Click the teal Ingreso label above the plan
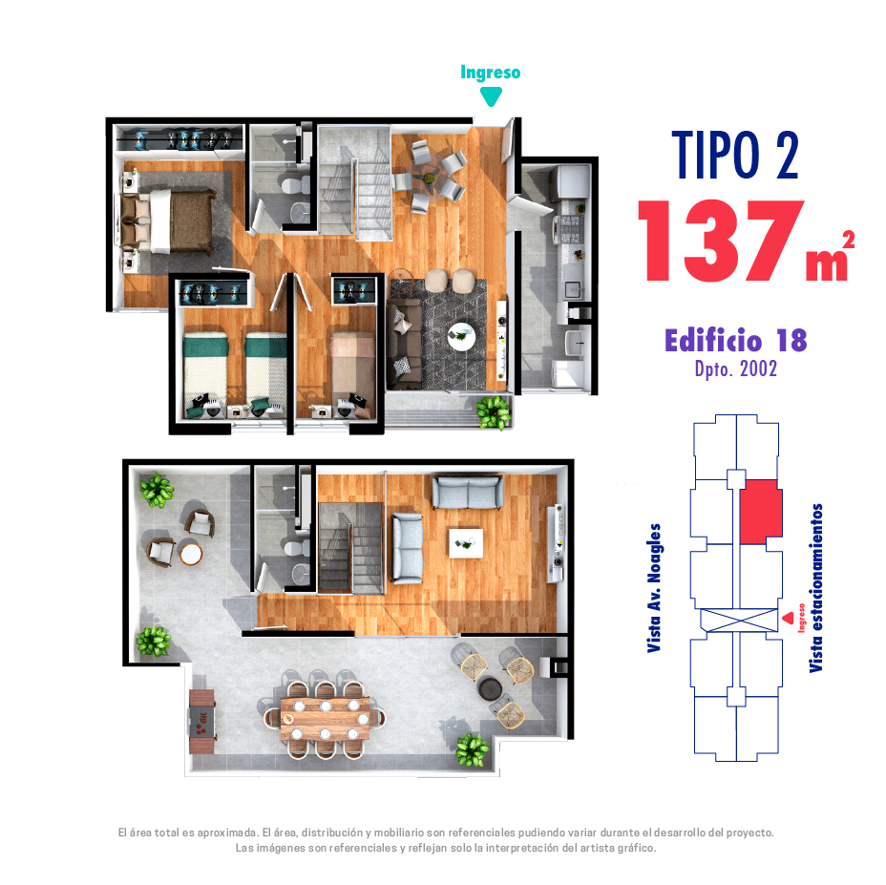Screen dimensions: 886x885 click(490, 73)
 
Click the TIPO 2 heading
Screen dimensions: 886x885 click(735, 155)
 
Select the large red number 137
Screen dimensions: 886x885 click(721, 241)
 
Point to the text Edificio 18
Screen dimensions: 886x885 click(736, 340)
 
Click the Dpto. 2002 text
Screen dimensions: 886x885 click(736, 369)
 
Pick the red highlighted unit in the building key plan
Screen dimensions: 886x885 click(761, 512)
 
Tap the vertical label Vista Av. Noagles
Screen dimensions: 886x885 click(654, 588)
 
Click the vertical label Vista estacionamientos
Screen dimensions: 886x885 click(815, 588)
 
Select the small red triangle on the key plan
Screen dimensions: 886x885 click(789, 619)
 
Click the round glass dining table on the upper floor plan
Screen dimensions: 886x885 click(429, 178)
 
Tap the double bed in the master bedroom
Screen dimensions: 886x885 click(167, 221)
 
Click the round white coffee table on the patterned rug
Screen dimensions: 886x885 click(462, 337)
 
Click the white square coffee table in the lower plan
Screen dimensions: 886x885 click(466, 543)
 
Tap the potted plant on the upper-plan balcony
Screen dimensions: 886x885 click(494, 412)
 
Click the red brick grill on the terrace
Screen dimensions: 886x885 click(201, 722)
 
